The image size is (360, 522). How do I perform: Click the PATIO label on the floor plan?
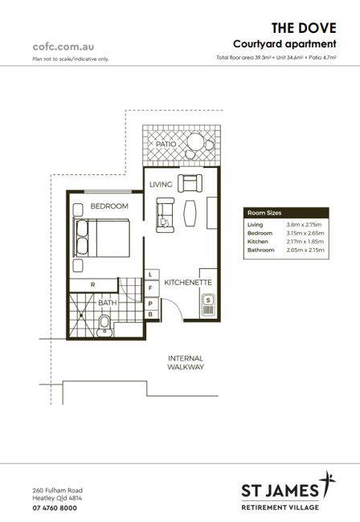[166, 144]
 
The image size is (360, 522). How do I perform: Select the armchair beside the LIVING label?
[190, 183]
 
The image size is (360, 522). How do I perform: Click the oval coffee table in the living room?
[190, 214]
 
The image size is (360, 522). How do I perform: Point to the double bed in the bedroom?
[101, 238]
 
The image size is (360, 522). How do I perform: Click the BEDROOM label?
[109, 206]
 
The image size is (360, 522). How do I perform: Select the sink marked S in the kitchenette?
[208, 305]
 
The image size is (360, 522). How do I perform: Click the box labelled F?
[150, 288]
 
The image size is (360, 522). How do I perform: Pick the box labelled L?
[150, 275]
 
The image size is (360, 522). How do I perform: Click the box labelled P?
[150, 304]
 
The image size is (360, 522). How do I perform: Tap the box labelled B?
[150, 315]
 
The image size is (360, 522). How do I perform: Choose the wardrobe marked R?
[93, 285]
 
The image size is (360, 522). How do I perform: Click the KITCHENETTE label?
[188, 283]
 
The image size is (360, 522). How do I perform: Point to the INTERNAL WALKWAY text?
[186, 362]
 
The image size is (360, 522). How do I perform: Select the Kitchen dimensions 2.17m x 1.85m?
[305, 242]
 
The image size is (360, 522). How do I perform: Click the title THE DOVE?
[304, 28]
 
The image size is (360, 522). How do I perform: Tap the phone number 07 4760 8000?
[55, 508]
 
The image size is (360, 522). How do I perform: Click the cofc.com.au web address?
[63, 47]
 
